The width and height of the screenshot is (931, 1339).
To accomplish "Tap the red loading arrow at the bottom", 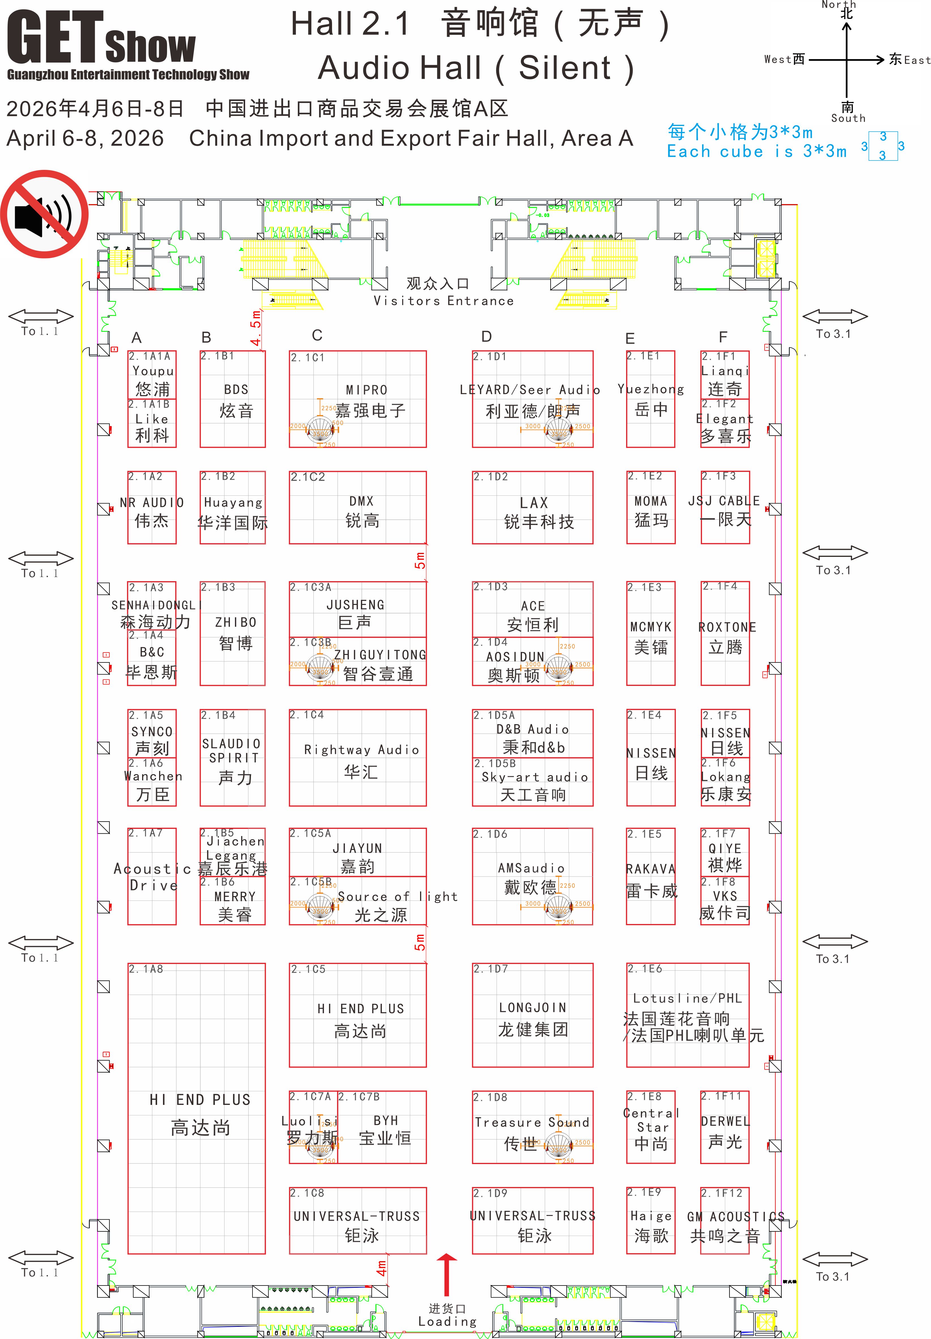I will coord(447,1274).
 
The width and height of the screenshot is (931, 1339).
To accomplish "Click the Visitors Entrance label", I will coord(444,301).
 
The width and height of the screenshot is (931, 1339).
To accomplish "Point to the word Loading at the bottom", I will coord(447,1321).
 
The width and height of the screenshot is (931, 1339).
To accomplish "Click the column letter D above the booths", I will coord(486,337).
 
